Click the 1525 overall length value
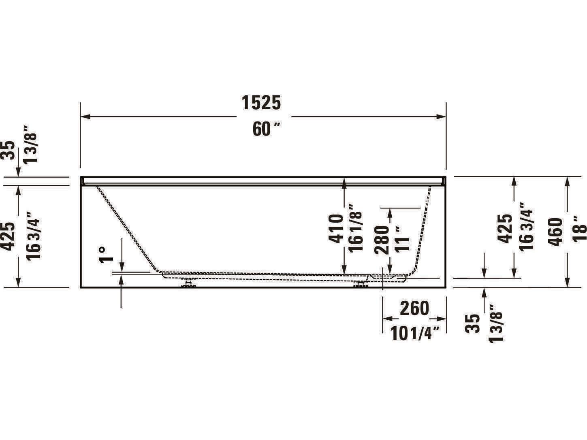261,103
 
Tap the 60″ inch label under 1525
266,130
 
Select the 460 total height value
556,232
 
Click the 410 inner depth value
336,229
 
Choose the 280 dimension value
382,240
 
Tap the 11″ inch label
403,240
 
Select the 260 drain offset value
414,308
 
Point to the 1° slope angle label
106,255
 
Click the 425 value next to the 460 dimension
505,229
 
